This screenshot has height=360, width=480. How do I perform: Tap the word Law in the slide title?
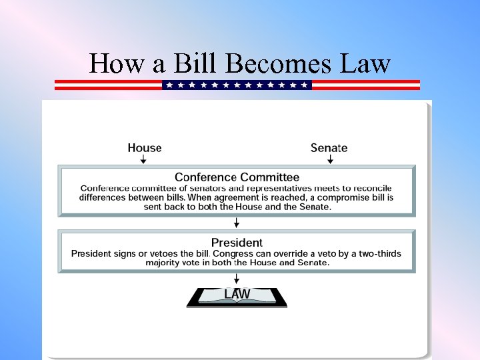coord(364,63)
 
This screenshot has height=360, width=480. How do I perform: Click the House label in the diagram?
coord(145,147)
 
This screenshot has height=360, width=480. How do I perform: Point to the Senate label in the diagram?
coord(329,147)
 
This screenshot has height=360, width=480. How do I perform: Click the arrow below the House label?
coord(145,159)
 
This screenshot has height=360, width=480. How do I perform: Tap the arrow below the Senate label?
coord(329,159)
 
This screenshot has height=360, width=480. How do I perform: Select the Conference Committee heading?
coord(237,177)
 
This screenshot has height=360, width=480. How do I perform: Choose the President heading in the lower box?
coord(237,242)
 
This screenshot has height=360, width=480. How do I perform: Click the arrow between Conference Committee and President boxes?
coord(237,223)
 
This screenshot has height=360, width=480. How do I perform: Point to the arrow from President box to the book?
coord(237,278)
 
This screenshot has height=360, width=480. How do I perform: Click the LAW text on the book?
coord(237,294)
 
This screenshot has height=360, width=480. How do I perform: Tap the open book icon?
coord(237,298)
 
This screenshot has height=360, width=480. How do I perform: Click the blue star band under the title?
coord(237,85)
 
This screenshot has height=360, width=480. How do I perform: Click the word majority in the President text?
coord(164,263)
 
